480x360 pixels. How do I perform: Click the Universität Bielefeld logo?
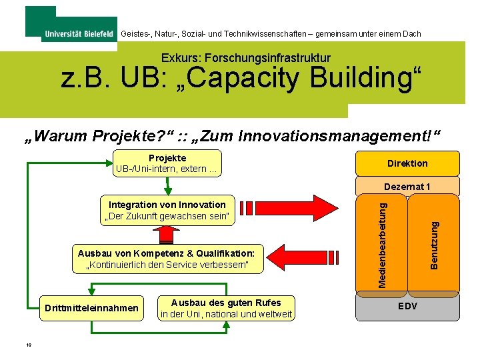point(78,34)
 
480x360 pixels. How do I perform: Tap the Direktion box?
point(407,163)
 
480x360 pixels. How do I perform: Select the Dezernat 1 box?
point(407,187)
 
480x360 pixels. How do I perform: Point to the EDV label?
point(407,307)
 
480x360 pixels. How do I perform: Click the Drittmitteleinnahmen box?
point(91,308)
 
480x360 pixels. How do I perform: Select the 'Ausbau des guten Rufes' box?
point(227,308)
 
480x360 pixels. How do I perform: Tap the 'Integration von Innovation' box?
point(167,211)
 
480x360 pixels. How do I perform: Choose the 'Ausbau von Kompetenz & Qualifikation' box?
point(167,259)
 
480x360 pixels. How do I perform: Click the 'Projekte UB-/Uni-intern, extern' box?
point(167,163)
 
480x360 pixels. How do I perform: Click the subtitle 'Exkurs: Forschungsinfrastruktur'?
point(245,59)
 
